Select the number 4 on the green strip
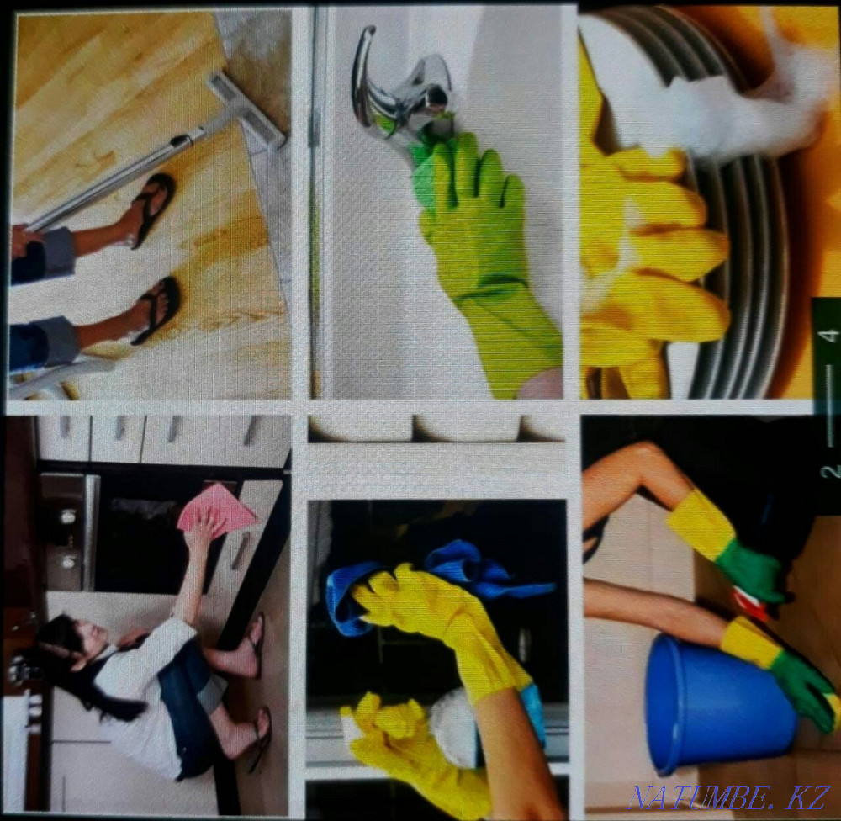829,336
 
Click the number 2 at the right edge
829,471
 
